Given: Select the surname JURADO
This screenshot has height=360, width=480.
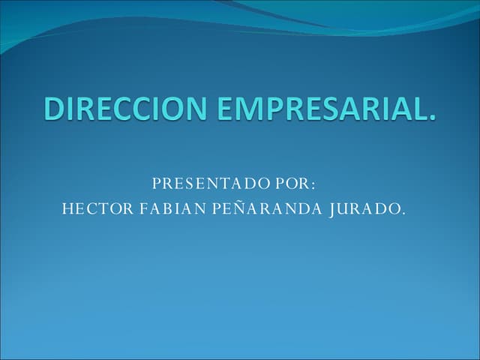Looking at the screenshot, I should tap(364, 208).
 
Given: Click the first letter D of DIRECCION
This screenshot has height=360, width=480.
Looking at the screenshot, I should tap(53, 109).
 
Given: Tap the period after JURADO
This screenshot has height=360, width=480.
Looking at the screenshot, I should tap(403, 212).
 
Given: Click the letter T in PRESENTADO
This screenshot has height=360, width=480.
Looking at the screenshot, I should tap(222, 184).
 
